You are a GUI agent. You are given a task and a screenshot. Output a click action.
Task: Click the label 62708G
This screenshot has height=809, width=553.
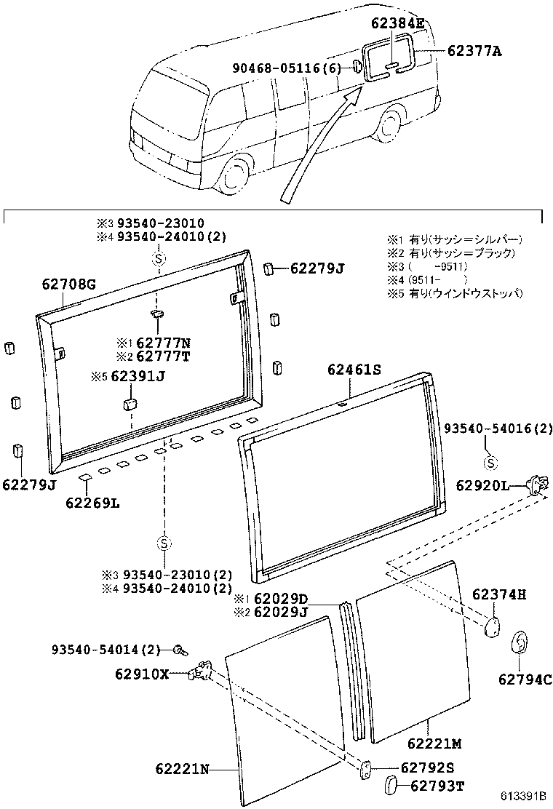pyautogui.click(x=65, y=284)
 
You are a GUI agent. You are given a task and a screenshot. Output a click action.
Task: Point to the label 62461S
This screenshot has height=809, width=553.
pyautogui.click(x=354, y=370)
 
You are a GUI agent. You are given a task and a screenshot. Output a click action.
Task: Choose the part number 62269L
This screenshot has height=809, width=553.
pyautogui.click(x=92, y=502)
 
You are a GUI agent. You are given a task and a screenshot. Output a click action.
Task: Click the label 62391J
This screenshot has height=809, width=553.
pyautogui.click(x=139, y=377)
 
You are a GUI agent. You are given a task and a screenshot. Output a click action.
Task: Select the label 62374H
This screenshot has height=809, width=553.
pyautogui.click(x=498, y=594)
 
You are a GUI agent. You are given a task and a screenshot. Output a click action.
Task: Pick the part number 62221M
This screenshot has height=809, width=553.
pyautogui.click(x=435, y=743)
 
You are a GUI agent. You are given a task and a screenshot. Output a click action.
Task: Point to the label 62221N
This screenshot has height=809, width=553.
pyautogui.click(x=182, y=768)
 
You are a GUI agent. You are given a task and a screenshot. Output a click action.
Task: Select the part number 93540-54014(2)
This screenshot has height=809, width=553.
pyautogui.click(x=106, y=648)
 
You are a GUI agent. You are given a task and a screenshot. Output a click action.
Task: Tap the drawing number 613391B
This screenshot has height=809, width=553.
pyautogui.click(x=522, y=797)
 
